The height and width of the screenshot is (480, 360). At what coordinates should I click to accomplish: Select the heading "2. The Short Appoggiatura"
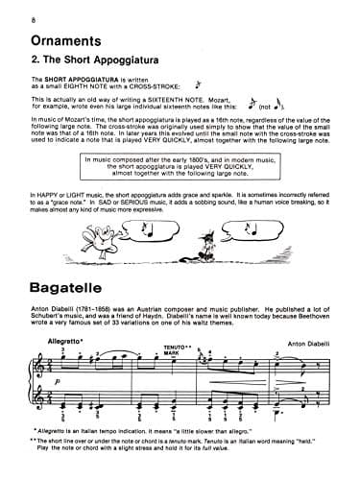(x=105, y=60)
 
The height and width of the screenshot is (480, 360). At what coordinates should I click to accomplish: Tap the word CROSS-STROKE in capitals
(x=146, y=84)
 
